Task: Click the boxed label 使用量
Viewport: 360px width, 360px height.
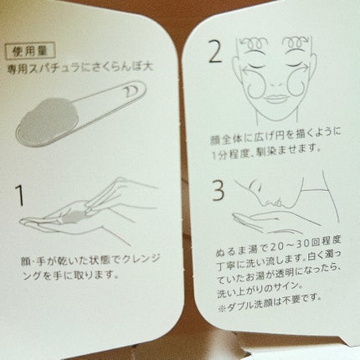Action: pos(31,52)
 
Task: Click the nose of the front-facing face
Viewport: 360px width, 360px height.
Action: pos(275,83)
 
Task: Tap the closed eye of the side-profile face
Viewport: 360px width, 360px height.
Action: pos(255,184)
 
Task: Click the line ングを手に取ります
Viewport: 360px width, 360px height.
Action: pos(68,275)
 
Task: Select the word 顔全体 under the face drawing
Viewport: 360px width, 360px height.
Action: pos(225,140)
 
